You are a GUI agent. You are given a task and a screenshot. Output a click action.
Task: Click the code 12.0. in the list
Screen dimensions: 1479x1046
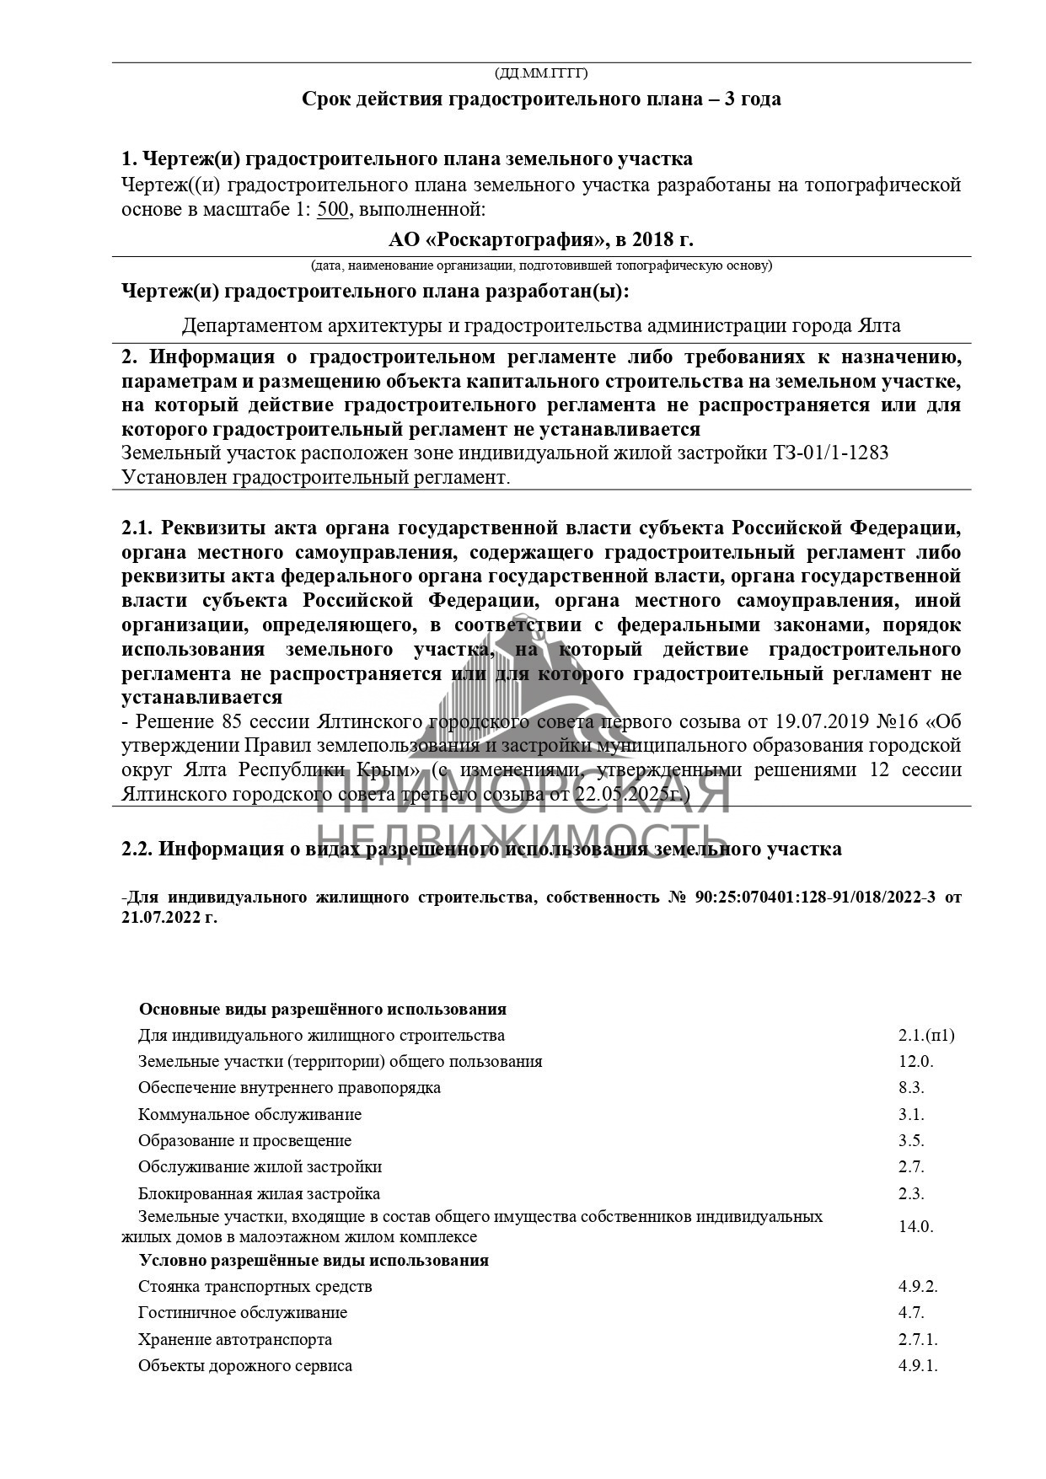coord(915,1062)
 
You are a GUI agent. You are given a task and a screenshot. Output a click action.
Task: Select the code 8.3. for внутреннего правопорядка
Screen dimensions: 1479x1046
coord(911,1088)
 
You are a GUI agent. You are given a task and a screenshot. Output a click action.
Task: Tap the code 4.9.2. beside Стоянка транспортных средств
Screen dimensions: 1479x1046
coord(918,1287)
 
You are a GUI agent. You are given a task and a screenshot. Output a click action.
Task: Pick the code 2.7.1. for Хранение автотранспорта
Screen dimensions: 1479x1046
coord(918,1340)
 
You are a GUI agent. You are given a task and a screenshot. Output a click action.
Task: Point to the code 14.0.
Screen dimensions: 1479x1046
coord(915,1227)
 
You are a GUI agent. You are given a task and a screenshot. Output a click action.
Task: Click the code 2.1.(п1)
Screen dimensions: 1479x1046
coord(925,1036)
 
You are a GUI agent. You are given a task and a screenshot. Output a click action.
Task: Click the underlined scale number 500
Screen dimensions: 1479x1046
coord(332,209)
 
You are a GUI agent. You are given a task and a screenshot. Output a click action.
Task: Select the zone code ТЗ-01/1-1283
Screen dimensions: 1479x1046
coord(830,453)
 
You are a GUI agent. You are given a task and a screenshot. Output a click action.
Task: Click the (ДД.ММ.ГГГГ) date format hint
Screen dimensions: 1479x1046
coord(540,73)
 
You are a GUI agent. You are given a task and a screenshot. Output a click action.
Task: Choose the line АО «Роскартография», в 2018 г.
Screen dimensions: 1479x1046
coord(540,239)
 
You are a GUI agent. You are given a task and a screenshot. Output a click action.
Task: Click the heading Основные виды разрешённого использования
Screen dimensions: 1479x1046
coord(322,1010)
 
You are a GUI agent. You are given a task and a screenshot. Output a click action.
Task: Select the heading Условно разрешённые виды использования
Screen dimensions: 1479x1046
coord(314,1261)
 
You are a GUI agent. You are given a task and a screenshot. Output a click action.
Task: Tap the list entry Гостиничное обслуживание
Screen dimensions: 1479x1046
coord(243,1313)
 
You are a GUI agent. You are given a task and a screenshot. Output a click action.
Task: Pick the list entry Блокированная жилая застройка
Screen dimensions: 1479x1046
coord(259,1194)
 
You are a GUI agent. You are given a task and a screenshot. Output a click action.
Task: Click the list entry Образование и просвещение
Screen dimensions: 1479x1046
coord(244,1141)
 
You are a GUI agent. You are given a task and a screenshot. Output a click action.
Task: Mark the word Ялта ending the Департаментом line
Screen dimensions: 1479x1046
coord(879,326)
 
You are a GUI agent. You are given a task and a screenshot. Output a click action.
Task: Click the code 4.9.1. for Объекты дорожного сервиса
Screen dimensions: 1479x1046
coord(918,1366)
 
